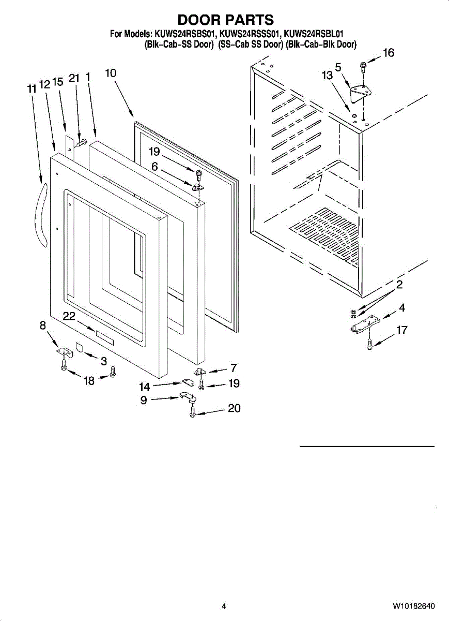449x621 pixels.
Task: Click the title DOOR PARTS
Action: (x=225, y=20)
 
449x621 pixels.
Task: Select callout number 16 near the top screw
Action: (x=388, y=53)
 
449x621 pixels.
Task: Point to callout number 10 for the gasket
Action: (x=111, y=73)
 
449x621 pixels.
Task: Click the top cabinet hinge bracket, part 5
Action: (x=361, y=93)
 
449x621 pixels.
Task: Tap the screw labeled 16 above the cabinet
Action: (x=363, y=66)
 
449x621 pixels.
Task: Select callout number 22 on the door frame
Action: (x=70, y=316)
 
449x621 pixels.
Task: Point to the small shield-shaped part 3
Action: (x=80, y=346)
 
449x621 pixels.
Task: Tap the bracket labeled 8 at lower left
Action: (x=64, y=351)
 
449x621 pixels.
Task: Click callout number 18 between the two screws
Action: (x=89, y=381)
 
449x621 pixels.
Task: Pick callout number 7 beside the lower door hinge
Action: (x=234, y=368)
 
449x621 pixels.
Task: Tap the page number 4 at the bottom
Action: (x=224, y=606)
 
